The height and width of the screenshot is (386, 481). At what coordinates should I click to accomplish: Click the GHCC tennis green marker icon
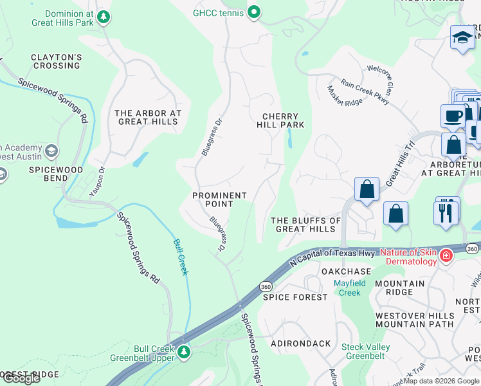[x=254, y=11]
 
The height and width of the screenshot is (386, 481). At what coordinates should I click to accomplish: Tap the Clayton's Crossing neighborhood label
[x=57, y=62]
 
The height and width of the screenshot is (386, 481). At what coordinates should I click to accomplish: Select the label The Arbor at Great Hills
[x=148, y=117]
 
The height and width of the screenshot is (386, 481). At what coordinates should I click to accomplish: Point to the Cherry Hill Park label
[x=282, y=120]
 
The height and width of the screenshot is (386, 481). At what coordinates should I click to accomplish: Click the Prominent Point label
[x=220, y=199]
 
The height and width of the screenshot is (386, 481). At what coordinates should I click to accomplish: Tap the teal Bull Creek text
[x=181, y=257]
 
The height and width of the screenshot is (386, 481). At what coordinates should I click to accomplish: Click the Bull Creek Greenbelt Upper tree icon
[x=184, y=352]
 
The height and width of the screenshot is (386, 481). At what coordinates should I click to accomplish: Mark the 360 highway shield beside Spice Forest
[x=265, y=286]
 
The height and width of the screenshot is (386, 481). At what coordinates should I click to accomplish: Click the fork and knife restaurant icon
[x=446, y=211]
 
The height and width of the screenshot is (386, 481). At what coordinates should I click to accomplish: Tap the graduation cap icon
[x=462, y=37]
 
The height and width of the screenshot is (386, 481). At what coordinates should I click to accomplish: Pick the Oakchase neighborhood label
[x=347, y=271]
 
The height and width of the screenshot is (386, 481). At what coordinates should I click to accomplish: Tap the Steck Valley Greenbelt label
[x=363, y=351]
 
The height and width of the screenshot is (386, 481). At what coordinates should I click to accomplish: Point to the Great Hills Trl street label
[x=399, y=165]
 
